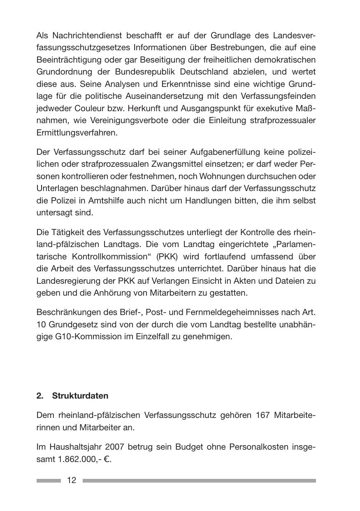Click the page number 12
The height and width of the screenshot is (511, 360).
coord(72,480)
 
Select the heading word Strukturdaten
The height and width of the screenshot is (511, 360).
coord(80,396)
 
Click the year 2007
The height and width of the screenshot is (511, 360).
coord(114,447)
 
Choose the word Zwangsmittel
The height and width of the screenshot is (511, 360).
coord(187,164)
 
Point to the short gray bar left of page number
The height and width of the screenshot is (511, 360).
coord(49,481)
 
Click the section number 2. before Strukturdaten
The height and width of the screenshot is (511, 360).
coord(39,396)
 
